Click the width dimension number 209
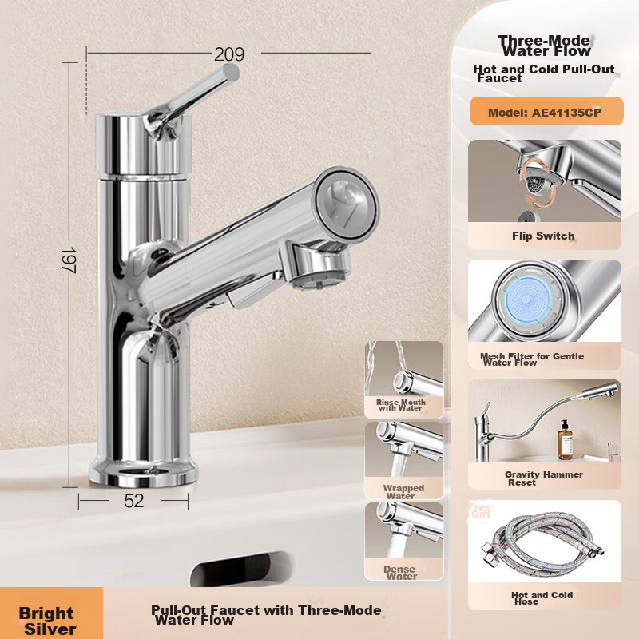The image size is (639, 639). pyautogui.click(x=229, y=54)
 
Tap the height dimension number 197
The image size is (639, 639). pyautogui.click(x=69, y=260)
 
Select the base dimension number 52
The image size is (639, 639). pyautogui.click(x=134, y=501)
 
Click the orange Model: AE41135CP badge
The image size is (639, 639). pyautogui.click(x=546, y=111)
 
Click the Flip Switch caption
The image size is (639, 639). pyautogui.click(x=543, y=236)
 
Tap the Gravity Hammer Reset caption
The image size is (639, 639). pyautogui.click(x=544, y=478)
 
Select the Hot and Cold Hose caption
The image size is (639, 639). pyautogui.click(x=542, y=597)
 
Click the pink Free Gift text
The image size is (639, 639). pyautogui.click(x=480, y=510)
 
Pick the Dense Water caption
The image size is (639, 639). pyautogui.click(x=400, y=572)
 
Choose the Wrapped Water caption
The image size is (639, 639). pyautogui.click(x=403, y=491)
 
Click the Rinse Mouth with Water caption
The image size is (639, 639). pyautogui.click(x=401, y=405)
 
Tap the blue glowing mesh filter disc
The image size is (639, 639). pyautogui.click(x=527, y=300)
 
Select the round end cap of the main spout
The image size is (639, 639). pyautogui.click(x=347, y=204)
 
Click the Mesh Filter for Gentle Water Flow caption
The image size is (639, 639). pyautogui.click(x=531, y=359)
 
